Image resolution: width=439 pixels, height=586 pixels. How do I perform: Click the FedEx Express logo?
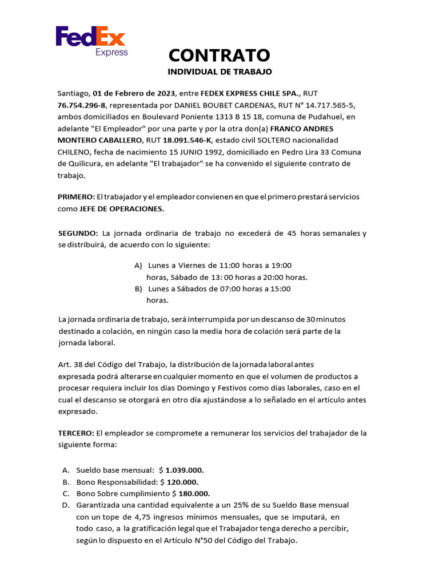pyautogui.click(x=91, y=41)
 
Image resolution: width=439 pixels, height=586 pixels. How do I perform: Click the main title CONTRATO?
pyautogui.click(x=219, y=55)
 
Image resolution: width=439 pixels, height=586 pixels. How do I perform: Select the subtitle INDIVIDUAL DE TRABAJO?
pyautogui.click(x=219, y=72)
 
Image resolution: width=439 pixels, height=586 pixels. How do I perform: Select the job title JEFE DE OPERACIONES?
pyautogui.click(x=121, y=209)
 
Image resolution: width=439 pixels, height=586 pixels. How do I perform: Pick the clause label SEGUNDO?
pyautogui.click(x=78, y=233)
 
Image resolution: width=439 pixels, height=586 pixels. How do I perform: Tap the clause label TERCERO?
pyautogui.click(x=76, y=433)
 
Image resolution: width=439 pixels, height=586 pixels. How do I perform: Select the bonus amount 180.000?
pyautogui.click(x=194, y=493)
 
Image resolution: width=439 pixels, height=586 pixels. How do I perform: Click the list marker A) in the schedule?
pyautogui.click(x=138, y=266)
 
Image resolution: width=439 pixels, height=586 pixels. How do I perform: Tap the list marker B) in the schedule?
pyautogui.click(x=138, y=289)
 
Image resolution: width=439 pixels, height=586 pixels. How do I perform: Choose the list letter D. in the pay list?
pyautogui.click(x=66, y=505)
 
